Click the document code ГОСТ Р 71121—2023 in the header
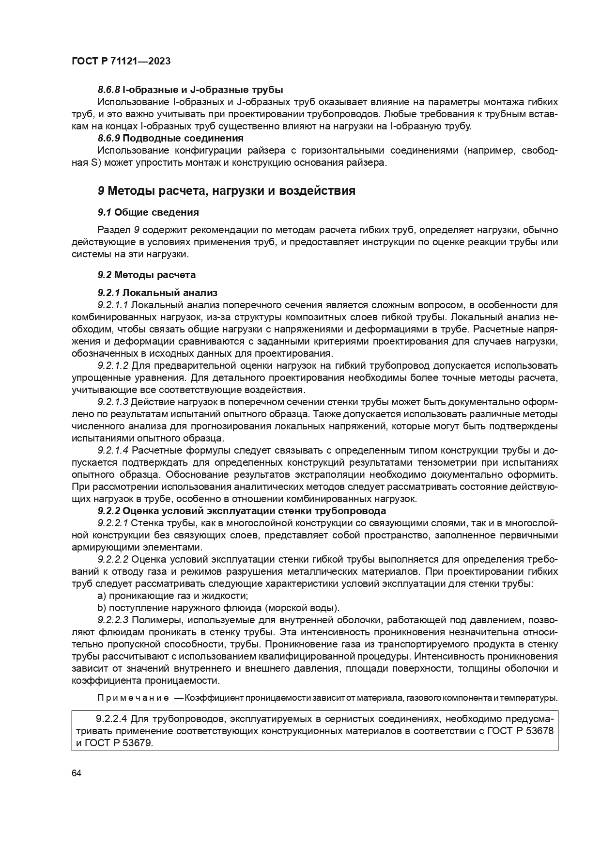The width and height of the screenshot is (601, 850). (x=121, y=62)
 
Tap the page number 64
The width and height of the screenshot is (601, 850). (x=76, y=773)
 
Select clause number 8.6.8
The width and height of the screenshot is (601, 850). (x=108, y=90)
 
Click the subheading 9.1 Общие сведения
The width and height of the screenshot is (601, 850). (x=148, y=212)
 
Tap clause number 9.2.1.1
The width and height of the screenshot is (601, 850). (x=112, y=305)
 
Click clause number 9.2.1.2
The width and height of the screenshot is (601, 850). (x=112, y=365)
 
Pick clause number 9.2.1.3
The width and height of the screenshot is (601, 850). (x=112, y=402)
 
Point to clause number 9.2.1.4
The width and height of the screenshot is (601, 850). (x=112, y=450)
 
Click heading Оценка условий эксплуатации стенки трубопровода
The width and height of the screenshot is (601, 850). (x=254, y=511)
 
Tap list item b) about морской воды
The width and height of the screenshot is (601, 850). (x=218, y=608)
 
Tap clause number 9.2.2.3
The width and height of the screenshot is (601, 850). (x=112, y=620)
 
